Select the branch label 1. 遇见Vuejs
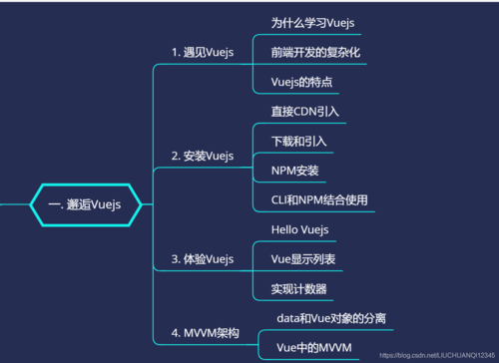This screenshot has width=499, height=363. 202,51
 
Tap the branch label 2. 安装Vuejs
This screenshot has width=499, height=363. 202,156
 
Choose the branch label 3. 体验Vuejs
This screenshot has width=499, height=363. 202,259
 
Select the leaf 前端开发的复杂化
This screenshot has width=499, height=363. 314,51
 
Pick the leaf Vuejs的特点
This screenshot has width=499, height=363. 301,82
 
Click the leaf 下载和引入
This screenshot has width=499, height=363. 298,141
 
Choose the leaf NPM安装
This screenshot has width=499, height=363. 294,171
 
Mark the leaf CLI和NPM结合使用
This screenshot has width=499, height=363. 319,200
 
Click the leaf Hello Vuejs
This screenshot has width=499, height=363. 300,229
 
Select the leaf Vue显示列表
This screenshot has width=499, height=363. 303,259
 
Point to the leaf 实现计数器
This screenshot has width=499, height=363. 297,289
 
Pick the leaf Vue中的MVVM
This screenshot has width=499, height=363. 313,347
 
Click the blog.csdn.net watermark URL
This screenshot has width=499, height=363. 437,354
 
